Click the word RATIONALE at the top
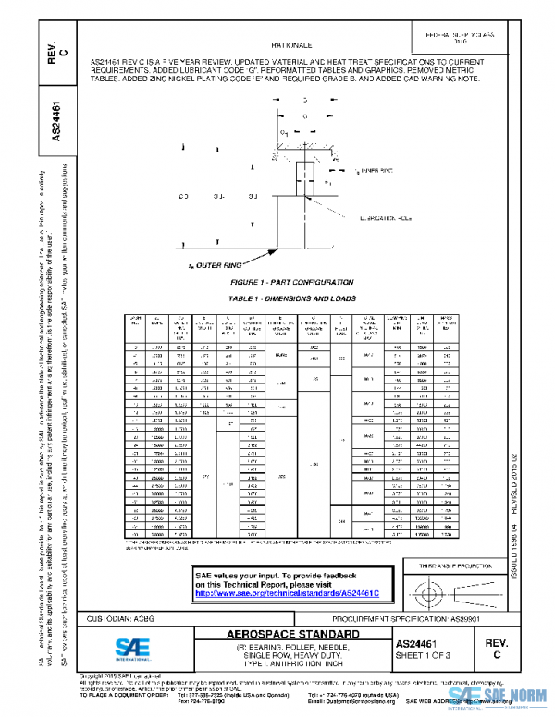click(x=292, y=44)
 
